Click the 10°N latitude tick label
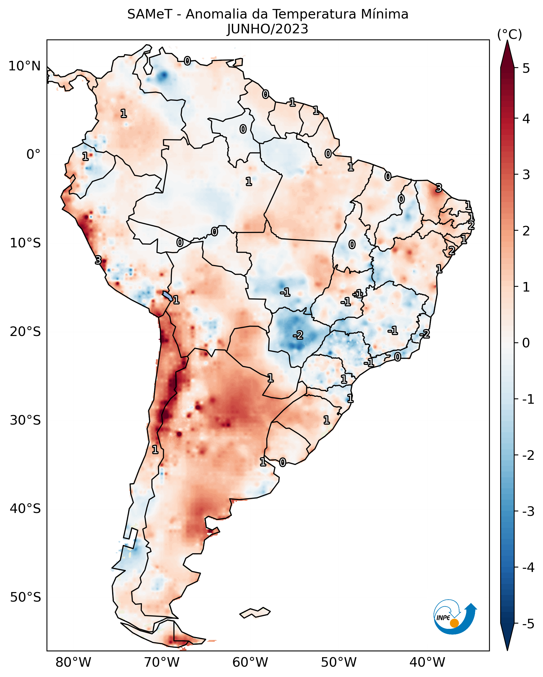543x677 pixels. (x=25, y=66)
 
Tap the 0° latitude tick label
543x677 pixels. (x=33, y=155)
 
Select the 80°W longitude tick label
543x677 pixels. (x=73, y=662)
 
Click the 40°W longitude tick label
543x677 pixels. (x=427, y=662)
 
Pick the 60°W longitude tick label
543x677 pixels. (x=250, y=662)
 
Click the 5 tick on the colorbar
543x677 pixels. (x=526, y=68)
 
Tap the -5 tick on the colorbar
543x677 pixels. (x=528, y=624)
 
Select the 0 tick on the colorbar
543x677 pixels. (x=526, y=343)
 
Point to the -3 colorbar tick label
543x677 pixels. (x=528, y=511)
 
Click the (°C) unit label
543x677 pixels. (x=509, y=35)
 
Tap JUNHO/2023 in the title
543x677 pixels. (x=268, y=29)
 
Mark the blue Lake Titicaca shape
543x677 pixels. (x=167, y=296)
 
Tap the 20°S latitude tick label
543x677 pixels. (x=25, y=331)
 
